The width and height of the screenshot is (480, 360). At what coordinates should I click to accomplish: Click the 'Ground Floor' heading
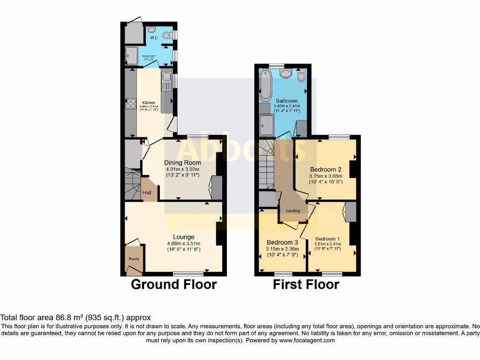click(x=173, y=284)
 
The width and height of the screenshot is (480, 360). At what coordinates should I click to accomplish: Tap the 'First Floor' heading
click(x=306, y=284)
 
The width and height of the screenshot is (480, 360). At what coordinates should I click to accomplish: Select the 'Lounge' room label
click(x=183, y=237)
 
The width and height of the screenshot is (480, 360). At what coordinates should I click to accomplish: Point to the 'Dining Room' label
click(x=182, y=163)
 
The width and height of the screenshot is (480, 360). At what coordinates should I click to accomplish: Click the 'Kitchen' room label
click(x=149, y=102)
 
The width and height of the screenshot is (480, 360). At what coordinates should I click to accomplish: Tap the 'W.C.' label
click(x=154, y=38)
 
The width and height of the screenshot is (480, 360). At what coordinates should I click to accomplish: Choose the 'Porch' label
click(x=134, y=259)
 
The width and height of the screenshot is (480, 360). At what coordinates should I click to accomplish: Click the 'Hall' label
click(x=147, y=193)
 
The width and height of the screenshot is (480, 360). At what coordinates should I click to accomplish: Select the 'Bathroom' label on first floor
click(x=286, y=101)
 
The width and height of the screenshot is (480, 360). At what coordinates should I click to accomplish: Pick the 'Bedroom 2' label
click(x=325, y=169)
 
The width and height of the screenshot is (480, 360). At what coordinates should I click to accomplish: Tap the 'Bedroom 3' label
click(x=282, y=242)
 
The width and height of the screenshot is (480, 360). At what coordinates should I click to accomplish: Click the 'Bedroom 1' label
click(x=328, y=238)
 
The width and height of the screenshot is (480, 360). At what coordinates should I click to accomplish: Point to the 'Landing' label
click(x=293, y=211)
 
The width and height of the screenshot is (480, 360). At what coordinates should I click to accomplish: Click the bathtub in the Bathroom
click(x=265, y=85)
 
